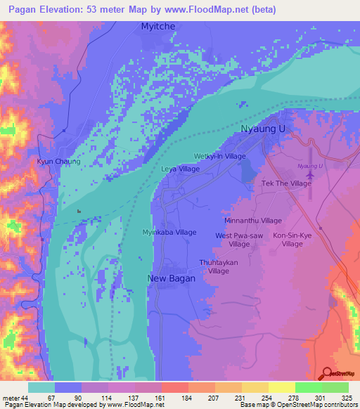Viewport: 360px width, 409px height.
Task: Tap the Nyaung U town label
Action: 266,130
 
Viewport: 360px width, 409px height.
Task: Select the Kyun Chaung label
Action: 59,162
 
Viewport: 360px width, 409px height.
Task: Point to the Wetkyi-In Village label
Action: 220,157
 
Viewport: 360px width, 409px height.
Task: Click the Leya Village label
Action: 181,169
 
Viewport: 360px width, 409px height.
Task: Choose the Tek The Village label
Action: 286,183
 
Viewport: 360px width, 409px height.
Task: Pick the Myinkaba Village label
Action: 169,233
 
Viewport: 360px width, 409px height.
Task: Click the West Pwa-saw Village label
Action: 239,240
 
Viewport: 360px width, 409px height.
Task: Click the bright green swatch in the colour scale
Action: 309,387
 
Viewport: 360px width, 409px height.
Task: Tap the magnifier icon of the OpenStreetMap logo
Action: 326,373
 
